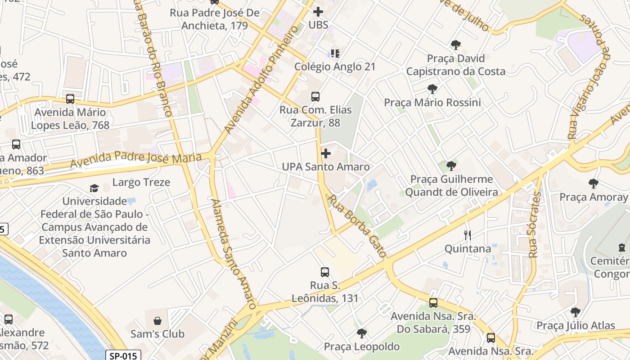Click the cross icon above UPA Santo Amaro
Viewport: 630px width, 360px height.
tap(325, 153)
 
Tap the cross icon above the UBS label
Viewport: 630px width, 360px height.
tap(318, 12)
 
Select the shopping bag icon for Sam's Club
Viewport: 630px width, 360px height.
tap(157, 321)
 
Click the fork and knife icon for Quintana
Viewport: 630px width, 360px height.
tap(468, 235)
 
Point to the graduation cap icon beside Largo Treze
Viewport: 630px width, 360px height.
tap(94, 188)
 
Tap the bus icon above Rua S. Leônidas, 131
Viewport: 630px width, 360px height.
tap(325, 272)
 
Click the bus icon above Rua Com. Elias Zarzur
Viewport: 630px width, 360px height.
tap(315, 96)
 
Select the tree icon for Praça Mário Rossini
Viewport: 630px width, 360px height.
tap(432, 89)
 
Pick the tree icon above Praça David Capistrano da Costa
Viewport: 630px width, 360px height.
tap(456, 45)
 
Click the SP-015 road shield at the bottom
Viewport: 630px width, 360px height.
tap(123, 355)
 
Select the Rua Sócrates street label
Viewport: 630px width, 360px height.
tap(535, 225)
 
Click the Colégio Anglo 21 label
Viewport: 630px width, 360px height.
tap(334, 67)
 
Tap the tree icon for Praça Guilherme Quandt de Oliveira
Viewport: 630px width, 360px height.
tap(451, 166)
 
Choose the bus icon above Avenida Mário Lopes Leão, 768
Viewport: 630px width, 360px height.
tap(70, 99)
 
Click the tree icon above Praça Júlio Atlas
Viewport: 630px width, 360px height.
tap(575, 312)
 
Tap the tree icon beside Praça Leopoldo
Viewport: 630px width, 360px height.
tap(361, 333)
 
